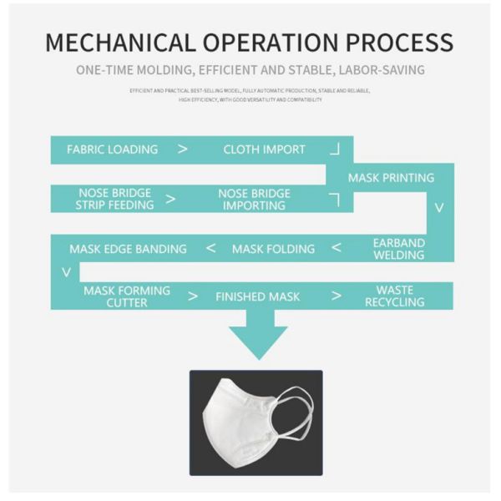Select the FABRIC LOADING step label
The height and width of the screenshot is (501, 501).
[112, 149]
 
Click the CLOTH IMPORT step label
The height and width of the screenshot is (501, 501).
[264, 149]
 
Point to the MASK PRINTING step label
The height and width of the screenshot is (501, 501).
[391, 178]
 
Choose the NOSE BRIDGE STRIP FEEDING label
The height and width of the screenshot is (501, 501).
[115, 199]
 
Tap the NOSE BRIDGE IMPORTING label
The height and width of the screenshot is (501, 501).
[254, 199]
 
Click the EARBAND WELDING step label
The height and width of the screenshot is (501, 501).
[399, 249]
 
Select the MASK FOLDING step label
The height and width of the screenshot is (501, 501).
[273, 249]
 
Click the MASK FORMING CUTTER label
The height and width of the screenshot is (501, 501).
[127, 296]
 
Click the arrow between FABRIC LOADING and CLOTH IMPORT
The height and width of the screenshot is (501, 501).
[183, 150]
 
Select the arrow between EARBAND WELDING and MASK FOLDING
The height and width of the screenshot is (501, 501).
[337, 248]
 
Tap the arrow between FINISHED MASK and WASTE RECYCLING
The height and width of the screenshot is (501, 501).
[337, 296]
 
